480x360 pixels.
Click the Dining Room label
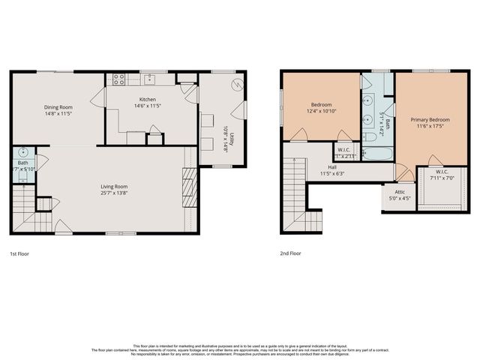tap(58, 107)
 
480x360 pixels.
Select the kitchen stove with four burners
tap(118, 79)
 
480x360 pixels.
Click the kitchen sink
tap(150, 78)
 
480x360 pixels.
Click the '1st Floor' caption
tap(19, 253)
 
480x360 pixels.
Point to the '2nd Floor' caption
tap(291, 253)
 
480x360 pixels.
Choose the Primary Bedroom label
tap(430, 119)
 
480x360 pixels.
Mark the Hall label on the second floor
tap(331, 168)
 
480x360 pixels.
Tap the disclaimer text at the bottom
tap(240, 349)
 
